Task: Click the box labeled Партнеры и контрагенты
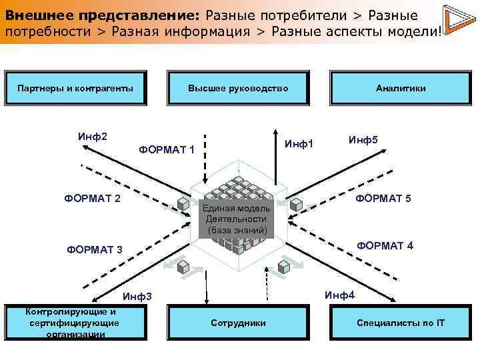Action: click(x=75, y=88)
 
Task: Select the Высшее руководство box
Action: click(x=238, y=88)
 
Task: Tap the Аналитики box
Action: click(x=401, y=88)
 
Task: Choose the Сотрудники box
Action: click(x=238, y=323)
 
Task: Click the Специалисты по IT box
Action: click(x=401, y=323)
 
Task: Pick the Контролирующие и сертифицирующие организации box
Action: click(x=75, y=323)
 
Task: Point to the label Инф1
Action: click(x=299, y=143)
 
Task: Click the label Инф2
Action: click(x=93, y=137)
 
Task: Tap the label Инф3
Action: click(x=138, y=296)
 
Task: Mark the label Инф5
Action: click(x=363, y=140)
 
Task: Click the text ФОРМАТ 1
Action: click(x=167, y=149)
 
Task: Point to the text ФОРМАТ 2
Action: click(x=92, y=198)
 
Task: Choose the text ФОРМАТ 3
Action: click(x=95, y=250)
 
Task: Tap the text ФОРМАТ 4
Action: click(x=385, y=245)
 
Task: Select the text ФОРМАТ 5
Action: click(x=383, y=199)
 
